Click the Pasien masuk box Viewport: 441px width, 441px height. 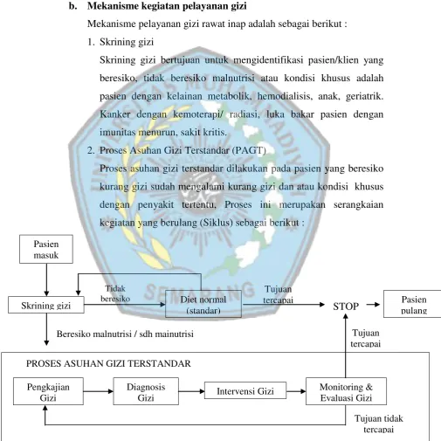pyautogui.click(x=46, y=249)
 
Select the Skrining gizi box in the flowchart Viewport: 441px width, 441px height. pyautogui.click(x=46, y=305)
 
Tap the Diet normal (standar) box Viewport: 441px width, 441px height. pyautogui.click(x=203, y=304)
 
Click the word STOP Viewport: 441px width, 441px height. pyautogui.click(x=346, y=307)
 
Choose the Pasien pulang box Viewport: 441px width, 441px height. pyautogui.click(x=412, y=304)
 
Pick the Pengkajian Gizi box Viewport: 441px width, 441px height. pyautogui.click(x=48, y=391)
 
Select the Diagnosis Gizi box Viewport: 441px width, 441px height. pyautogui.click(x=146, y=391)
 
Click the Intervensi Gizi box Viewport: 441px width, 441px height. pyautogui.click(x=245, y=390)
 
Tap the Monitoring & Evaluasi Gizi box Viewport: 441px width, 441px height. pyautogui.click(x=346, y=391)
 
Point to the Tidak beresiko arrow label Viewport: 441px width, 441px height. pyautogui.click(x=115, y=293)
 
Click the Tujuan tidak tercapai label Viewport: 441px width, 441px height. pyautogui.click(x=379, y=424)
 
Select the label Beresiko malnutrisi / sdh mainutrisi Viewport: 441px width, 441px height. pyautogui.click(x=125, y=334)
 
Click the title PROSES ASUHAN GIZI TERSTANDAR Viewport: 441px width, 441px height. pyautogui.click(x=108, y=363)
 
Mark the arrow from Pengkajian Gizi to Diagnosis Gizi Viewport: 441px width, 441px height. pyautogui.click(x=99, y=391)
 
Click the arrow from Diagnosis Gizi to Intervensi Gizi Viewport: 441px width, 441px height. pyautogui.click(x=192, y=391)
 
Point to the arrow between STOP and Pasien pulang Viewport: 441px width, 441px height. pyautogui.click(x=373, y=305)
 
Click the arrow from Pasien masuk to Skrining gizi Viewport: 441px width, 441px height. pyautogui.click(x=46, y=280)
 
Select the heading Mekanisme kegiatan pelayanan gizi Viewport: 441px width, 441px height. pyautogui.click(x=167, y=6)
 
